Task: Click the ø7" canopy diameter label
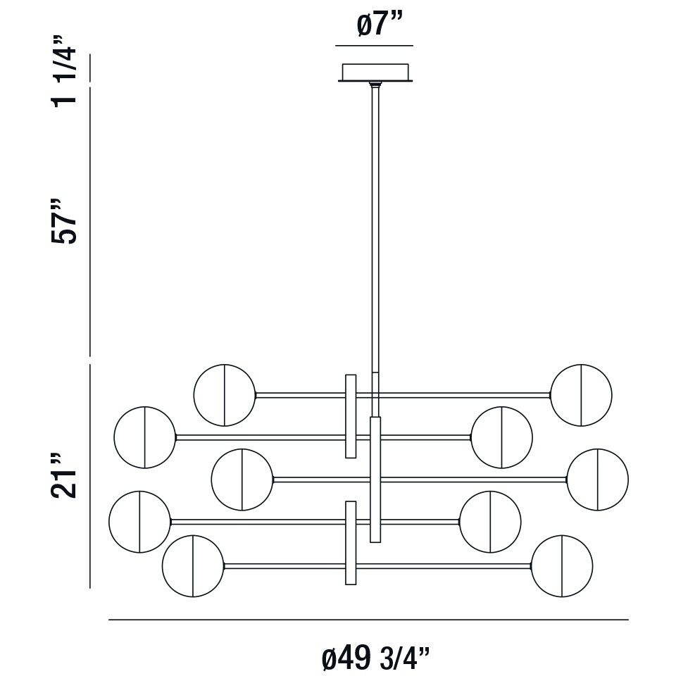point(374,26)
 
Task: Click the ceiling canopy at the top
point(375,72)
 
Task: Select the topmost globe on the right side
point(582,395)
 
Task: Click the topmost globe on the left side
point(225,395)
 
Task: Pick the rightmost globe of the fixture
point(597,480)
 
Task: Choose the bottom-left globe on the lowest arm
point(193,565)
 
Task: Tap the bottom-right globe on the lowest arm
point(562,565)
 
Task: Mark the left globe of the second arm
point(144,437)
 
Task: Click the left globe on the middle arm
point(242,480)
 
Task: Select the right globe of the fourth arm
point(490,522)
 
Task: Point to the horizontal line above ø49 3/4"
point(368,620)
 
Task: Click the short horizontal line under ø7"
point(374,46)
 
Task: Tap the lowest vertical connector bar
point(350,543)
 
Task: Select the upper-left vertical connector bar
point(350,416)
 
